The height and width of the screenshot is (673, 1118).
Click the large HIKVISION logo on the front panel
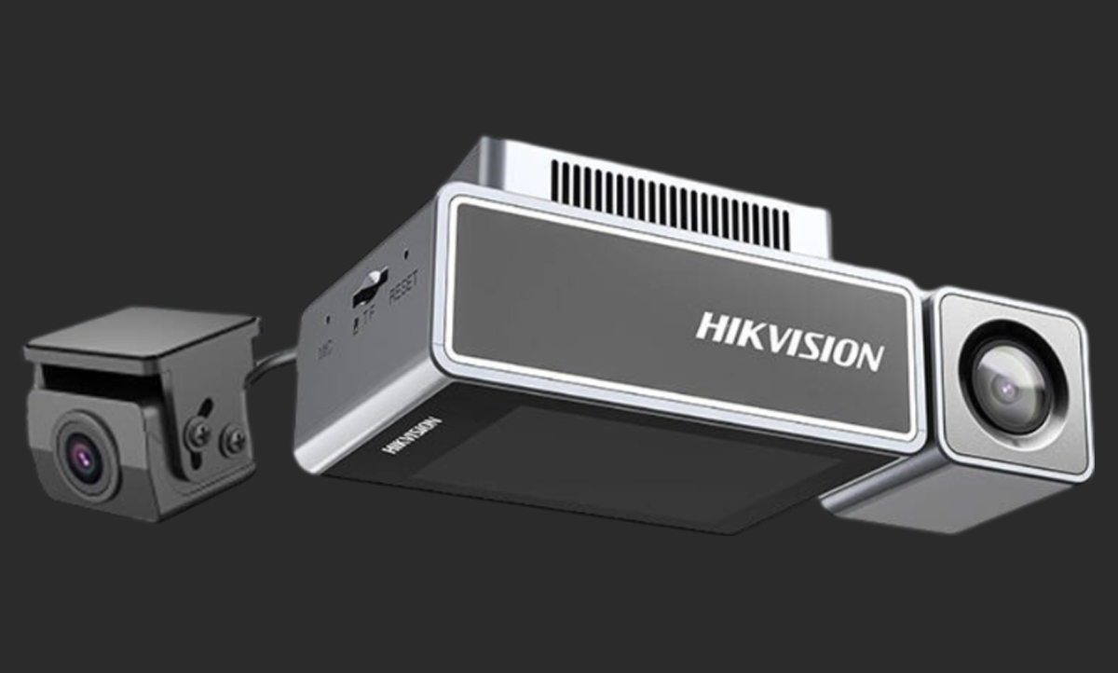click(789, 340)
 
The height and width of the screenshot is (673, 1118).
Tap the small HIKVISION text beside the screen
click(410, 434)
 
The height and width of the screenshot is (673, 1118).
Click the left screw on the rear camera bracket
click(198, 433)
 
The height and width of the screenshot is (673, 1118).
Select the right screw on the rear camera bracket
click(233, 440)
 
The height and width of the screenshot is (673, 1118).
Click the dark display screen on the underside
click(596, 466)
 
